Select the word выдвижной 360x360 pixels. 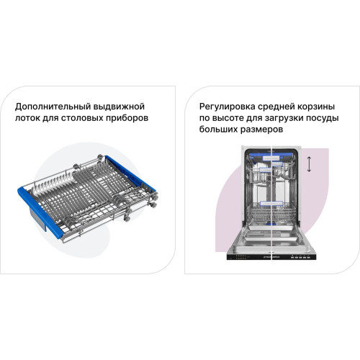click(x=119, y=107)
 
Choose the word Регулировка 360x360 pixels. click(x=228, y=107)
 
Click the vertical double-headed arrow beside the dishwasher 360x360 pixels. click(x=309, y=164)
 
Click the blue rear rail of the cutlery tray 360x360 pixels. click(x=131, y=174)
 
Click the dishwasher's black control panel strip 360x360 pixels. click(x=271, y=256)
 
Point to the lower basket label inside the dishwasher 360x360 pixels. click(x=271, y=204)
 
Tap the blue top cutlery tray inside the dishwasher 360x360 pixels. click(x=271, y=157)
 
